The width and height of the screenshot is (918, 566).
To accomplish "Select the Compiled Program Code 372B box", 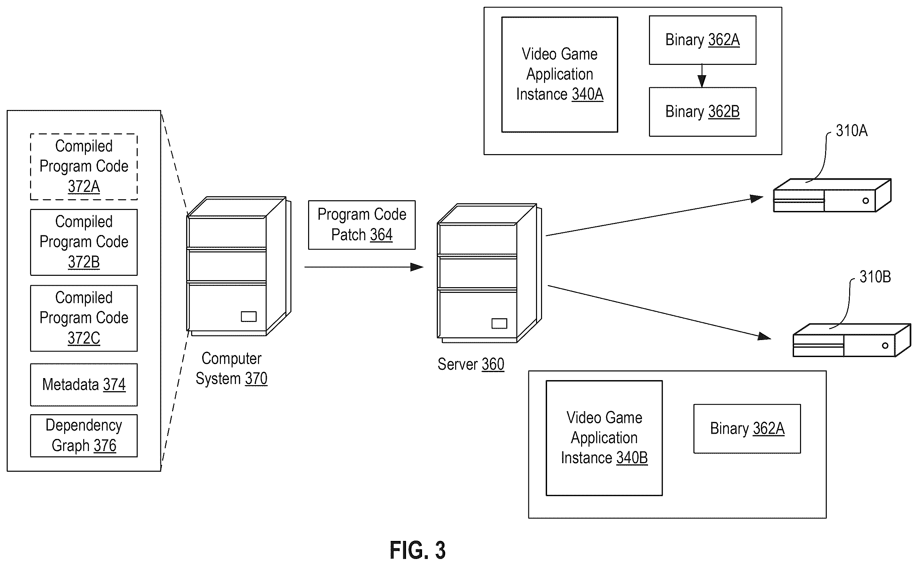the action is tap(84, 242).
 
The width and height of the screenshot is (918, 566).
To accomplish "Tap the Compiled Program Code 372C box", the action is tap(84, 318).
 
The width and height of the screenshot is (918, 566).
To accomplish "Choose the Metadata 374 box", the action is tap(84, 385).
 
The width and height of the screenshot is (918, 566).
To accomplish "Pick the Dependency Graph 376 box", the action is tap(84, 436).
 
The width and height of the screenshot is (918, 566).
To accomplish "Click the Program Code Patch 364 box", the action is tap(362, 225).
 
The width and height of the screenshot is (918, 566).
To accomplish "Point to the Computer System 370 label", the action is tap(232, 369).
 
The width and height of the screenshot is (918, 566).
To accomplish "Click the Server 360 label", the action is tap(471, 364).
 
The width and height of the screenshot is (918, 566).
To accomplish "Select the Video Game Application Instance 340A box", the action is tap(560, 75).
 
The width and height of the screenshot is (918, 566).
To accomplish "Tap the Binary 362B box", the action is tap(702, 112).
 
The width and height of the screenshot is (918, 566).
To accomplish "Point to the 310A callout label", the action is tap(852, 131).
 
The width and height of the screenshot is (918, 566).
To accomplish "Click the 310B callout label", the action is tap(875, 277).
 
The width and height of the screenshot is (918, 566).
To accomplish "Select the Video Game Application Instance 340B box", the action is tap(604, 438).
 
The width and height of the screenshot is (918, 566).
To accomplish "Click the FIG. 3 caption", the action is tap(417, 550).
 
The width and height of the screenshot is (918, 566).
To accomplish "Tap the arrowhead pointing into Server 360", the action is tap(417, 267).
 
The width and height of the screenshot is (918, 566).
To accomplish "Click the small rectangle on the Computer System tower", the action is tap(249, 317).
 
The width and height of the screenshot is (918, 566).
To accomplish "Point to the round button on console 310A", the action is tap(866, 201).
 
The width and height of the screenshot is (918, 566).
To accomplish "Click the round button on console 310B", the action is tap(885, 345).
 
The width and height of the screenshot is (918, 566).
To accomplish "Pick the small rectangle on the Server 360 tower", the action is tap(499, 323).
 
